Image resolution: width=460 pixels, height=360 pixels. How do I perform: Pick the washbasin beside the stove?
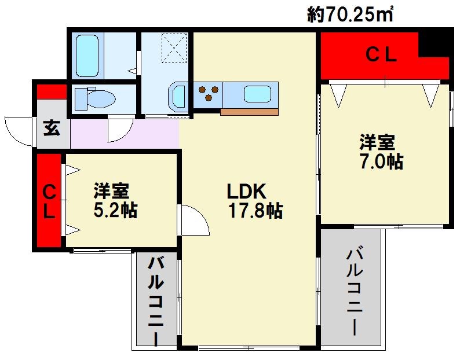(177, 96)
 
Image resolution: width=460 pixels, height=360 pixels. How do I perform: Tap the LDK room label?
(246, 192)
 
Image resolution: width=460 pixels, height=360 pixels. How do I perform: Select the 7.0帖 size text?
(380, 161)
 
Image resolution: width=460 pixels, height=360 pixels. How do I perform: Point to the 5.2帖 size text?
(115, 210)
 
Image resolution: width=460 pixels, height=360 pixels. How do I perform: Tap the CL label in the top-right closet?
(381, 56)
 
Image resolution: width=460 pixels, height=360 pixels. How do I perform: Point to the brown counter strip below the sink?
(249, 112)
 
